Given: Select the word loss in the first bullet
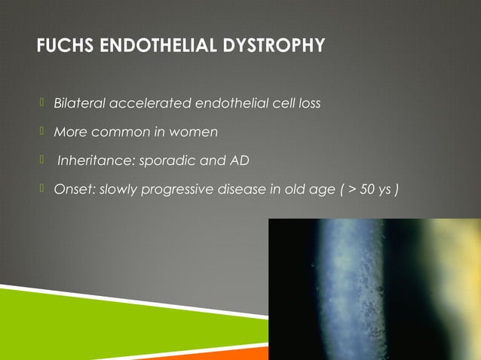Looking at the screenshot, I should coord(310,102).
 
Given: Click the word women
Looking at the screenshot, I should coord(194,132).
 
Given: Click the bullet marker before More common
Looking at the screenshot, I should coord(43,131).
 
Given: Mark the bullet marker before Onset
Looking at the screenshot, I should coord(43,188).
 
